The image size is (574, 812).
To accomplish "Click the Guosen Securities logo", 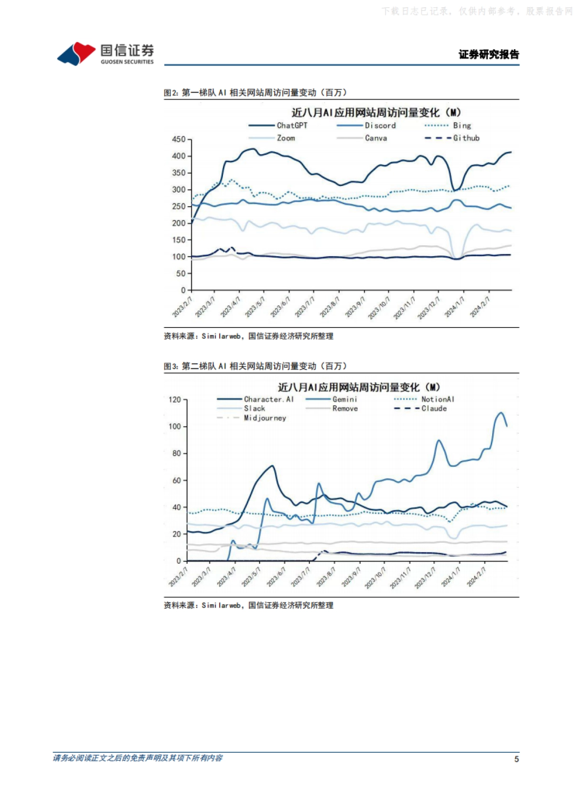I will pos(105,54).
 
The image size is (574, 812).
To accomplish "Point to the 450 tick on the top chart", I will pos(179,139).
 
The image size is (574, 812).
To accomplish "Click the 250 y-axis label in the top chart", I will pos(179,207).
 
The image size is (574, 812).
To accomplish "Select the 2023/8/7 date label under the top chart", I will pos(330,307).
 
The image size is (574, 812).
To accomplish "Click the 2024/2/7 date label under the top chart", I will pos(480,307).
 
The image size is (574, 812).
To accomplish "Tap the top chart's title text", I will pos(376,113).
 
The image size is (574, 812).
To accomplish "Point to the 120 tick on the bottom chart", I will pos(175,399).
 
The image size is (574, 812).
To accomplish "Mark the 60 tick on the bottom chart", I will pos(177,480).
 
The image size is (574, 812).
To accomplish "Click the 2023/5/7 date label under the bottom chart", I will pos(251,577).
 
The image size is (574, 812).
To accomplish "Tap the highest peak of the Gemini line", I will pos(501,413).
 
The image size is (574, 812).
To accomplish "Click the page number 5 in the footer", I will pos(516,759).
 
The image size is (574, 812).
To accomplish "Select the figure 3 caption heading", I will pos(255,366).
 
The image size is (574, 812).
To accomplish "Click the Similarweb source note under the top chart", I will pos(248,336).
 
